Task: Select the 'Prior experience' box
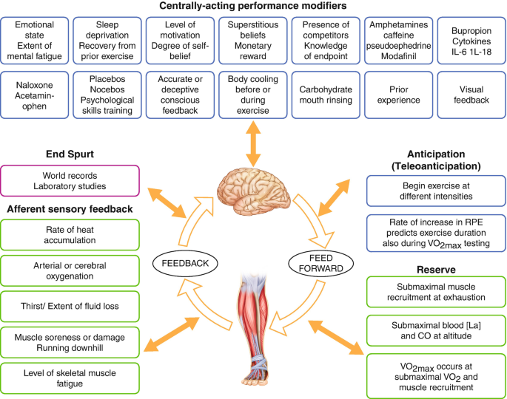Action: coord(398,95)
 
